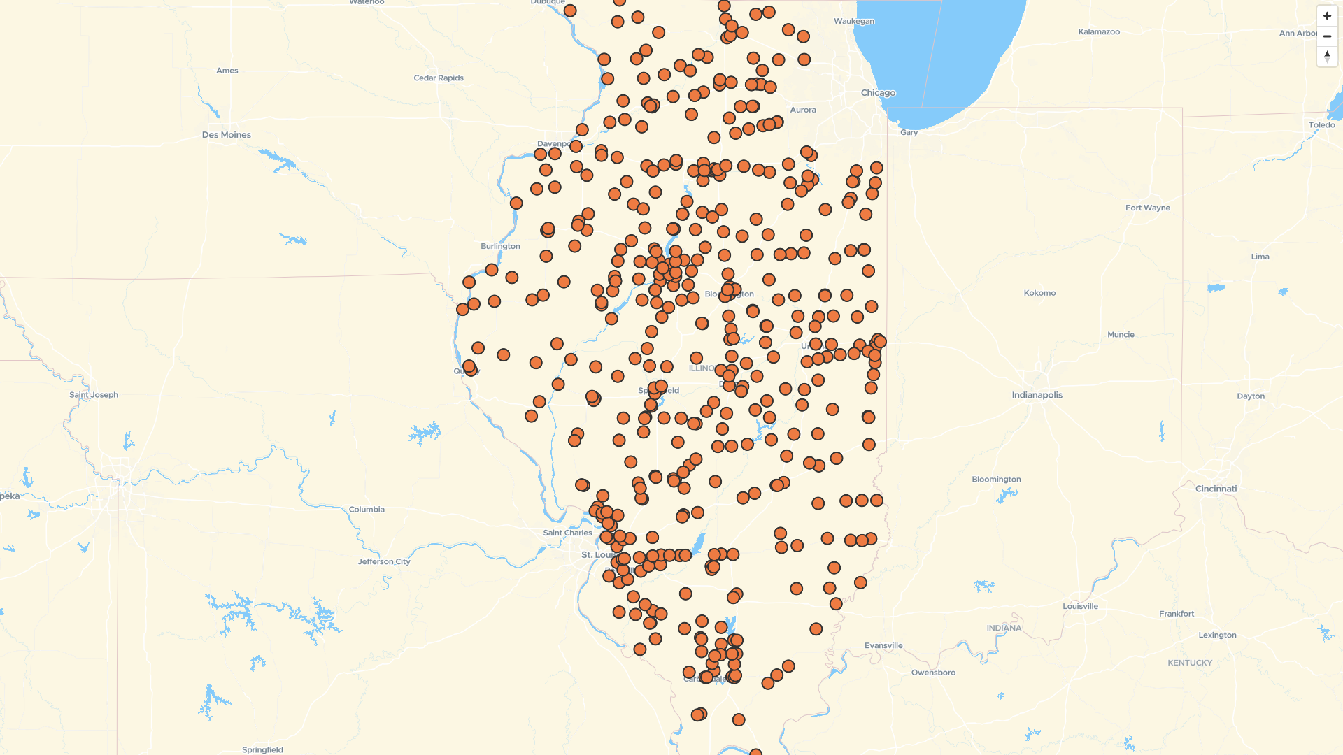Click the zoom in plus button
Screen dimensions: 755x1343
point(1327,16)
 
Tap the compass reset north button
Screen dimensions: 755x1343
point(1327,56)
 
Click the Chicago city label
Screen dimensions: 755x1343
point(878,93)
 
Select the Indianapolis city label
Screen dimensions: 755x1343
point(1037,395)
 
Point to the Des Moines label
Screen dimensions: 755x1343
point(226,135)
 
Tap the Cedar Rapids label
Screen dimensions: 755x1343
point(439,78)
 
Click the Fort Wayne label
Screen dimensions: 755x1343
point(1147,208)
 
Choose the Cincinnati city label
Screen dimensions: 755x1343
point(1216,489)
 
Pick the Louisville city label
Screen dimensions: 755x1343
point(1080,606)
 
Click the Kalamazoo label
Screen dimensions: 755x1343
point(1099,32)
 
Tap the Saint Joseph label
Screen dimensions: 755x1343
point(94,395)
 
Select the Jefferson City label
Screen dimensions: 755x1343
point(384,561)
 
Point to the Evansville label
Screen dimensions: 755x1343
point(883,645)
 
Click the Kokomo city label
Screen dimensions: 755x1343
point(1039,293)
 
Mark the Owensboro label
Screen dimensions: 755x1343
point(933,673)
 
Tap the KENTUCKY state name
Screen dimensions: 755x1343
point(1189,663)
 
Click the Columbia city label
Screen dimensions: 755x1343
point(367,510)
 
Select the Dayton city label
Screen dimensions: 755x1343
point(1251,396)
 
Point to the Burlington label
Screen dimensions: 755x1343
point(500,246)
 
